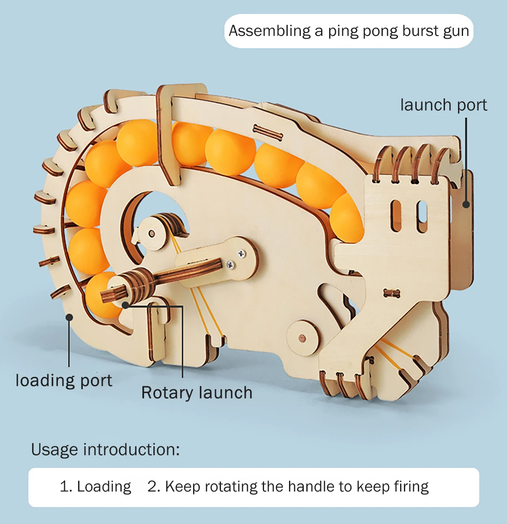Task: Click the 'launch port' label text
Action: coord(443,105)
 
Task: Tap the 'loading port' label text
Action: coord(64,381)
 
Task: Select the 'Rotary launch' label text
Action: coord(196,393)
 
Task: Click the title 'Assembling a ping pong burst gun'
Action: coord(349,31)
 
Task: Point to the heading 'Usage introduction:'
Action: coord(105,450)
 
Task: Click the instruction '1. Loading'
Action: coord(95,487)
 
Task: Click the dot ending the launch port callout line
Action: coord(466,205)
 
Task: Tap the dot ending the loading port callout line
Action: coord(69,317)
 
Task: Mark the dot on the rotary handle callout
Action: coord(125,305)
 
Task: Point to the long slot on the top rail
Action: coord(267,132)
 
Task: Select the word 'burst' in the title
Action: coord(419,31)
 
